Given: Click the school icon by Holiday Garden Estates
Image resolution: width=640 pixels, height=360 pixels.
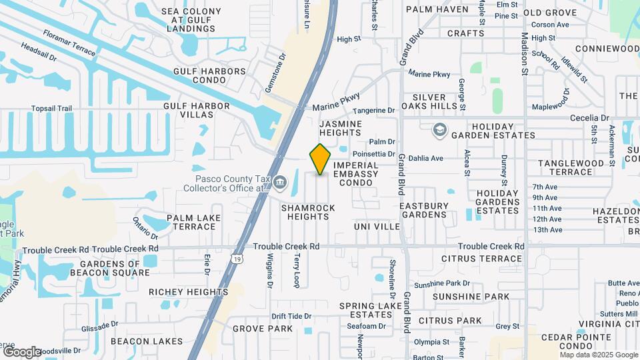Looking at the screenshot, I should pyautogui.click(x=439, y=129).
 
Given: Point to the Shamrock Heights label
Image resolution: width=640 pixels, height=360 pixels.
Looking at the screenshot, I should pyautogui.click(x=308, y=212).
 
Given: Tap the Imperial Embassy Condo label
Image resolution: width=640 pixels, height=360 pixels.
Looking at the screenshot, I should pyautogui.click(x=355, y=169).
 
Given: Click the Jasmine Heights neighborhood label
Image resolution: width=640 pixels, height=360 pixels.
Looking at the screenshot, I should pyautogui.click(x=341, y=129).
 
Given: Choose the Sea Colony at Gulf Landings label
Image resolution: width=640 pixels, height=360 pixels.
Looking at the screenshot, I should pyautogui.click(x=192, y=21).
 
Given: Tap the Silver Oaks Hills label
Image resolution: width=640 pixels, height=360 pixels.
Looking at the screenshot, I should pyautogui.click(x=429, y=102).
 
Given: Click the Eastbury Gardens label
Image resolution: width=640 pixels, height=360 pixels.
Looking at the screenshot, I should pyautogui.click(x=423, y=211).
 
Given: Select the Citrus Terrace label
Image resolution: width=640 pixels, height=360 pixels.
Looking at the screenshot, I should pyautogui.click(x=481, y=259).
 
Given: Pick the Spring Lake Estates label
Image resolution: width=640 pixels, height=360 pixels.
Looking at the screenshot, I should pyautogui.click(x=370, y=310).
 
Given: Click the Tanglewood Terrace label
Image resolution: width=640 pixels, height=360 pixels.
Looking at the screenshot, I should pyautogui.click(x=565, y=167).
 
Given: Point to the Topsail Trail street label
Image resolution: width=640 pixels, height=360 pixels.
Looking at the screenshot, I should pyautogui.click(x=51, y=109).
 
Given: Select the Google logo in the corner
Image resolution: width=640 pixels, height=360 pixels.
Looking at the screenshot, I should pyautogui.click(x=22, y=351).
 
